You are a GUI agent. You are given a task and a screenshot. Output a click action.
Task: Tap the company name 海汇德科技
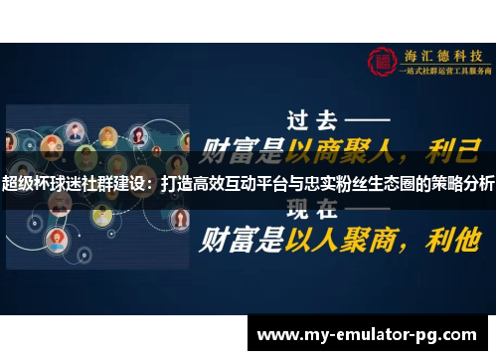coord(441,55)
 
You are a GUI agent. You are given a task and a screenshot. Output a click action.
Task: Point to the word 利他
coord(452,239)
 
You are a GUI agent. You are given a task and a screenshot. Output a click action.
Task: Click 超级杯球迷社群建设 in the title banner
coord(76,184)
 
